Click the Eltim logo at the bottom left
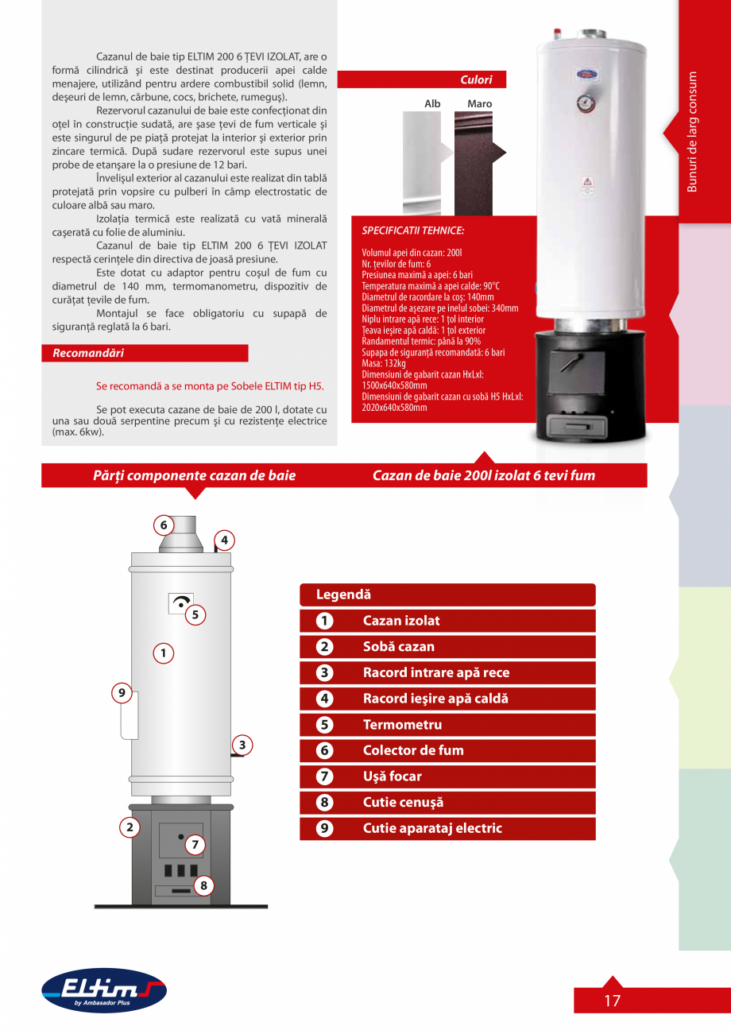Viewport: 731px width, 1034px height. click(x=103, y=990)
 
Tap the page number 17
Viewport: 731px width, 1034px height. click(x=612, y=1001)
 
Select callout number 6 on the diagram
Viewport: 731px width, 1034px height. click(x=163, y=525)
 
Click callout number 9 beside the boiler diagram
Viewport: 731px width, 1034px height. click(x=122, y=693)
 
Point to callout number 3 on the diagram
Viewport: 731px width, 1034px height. click(x=242, y=745)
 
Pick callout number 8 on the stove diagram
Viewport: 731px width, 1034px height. click(x=203, y=885)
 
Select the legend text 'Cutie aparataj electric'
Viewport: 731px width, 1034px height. click(x=432, y=828)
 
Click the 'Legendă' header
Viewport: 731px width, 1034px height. click(x=343, y=594)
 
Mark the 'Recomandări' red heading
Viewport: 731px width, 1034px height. click(x=88, y=353)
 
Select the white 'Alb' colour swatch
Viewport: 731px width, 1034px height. click(x=422, y=163)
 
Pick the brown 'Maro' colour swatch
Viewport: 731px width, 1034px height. click(x=473, y=163)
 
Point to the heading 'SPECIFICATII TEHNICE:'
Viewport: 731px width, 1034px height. click(x=412, y=230)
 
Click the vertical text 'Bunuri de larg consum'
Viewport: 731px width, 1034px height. click(x=692, y=132)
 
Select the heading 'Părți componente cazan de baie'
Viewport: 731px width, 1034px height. click(x=194, y=475)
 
